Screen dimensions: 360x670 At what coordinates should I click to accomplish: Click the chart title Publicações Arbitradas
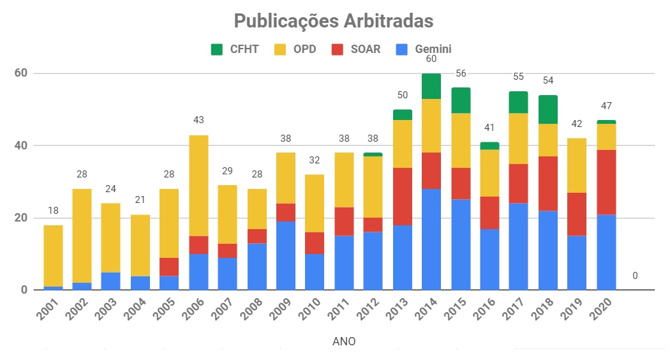click(x=334, y=21)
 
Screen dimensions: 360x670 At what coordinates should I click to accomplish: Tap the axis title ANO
click(x=344, y=341)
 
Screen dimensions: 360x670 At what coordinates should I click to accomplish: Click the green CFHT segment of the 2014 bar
click(x=431, y=86)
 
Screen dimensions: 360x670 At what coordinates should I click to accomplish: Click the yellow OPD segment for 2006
click(x=198, y=185)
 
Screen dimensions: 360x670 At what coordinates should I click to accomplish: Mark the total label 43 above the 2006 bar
click(x=198, y=120)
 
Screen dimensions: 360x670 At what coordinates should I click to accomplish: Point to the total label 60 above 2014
click(x=431, y=59)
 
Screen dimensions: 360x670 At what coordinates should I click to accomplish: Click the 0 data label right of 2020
click(x=634, y=276)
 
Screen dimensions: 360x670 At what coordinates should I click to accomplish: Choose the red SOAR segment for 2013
click(x=402, y=196)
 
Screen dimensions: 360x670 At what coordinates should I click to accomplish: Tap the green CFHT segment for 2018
click(x=547, y=109)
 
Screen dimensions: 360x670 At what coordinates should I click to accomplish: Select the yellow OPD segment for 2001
click(x=53, y=255)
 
